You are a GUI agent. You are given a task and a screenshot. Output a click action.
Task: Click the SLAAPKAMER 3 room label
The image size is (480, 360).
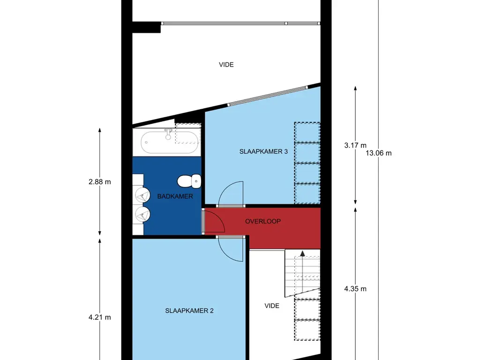(x=263, y=151)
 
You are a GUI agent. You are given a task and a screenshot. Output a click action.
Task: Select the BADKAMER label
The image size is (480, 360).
(x=175, y=196)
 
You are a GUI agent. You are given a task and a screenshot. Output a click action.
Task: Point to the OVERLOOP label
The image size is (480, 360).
(x=263, y=221)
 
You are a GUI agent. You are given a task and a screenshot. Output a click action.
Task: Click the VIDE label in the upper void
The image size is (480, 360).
(x=226, y=65)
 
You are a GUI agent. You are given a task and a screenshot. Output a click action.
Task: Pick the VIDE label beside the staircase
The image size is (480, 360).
(x=272, y=306)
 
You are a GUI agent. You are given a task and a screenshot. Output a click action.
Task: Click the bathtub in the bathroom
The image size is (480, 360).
(x=170, y=141)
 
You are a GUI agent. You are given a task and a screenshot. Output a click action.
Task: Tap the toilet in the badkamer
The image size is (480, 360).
(x=189, y=180)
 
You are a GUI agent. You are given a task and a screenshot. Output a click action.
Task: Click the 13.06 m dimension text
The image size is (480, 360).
(x=379, y=153)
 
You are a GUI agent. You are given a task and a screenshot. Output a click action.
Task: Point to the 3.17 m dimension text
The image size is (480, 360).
(x=355, y=145)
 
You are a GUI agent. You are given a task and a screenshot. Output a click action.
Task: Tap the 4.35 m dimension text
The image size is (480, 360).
(x=355, y=289)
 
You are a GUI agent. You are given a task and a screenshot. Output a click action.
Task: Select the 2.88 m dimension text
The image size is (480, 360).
(x=99, y=182)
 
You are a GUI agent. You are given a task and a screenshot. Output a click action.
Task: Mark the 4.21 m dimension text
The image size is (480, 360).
(x=99, y=317)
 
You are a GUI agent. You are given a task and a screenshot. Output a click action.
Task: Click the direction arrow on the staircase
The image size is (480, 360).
(x=302, y=254)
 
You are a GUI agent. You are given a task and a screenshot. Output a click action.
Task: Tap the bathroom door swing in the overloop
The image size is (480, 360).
(x=216, y=221)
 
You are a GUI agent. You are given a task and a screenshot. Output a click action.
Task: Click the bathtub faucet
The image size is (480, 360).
(x=167, y=135)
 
